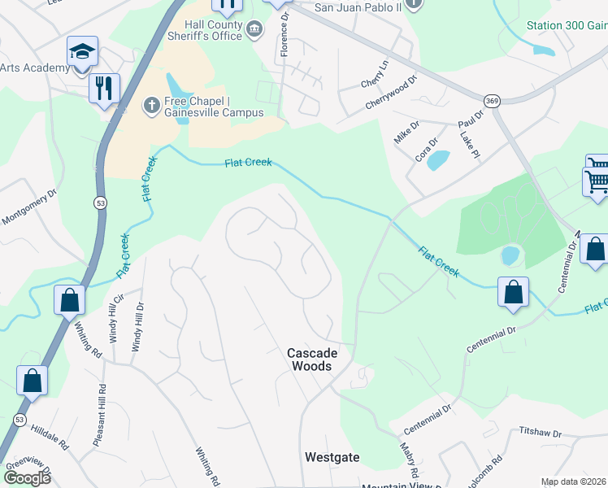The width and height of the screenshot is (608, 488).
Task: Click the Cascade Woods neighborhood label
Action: [311, 359]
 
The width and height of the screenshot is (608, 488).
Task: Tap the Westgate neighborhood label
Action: [332, 457]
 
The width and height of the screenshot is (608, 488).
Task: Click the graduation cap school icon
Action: [82, 52]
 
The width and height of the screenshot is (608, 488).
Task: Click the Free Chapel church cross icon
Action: [150, 105]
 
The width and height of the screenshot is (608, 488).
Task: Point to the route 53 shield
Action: [99, 203]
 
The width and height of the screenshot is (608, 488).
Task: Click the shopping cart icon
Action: [597, 181]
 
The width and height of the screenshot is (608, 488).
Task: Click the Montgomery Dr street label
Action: [30, 208]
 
